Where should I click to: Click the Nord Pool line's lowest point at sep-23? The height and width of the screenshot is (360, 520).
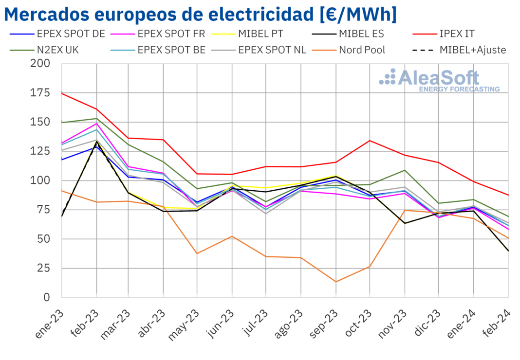[x=335, y=282]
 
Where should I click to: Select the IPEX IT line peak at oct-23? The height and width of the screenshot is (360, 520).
[x=370, y=141]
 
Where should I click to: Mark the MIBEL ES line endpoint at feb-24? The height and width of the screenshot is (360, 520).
[x=508, y=251]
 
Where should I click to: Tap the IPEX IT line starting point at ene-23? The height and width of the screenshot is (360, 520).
[x=62, y=93]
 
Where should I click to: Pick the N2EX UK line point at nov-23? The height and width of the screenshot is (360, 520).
[x=405, y=170]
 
